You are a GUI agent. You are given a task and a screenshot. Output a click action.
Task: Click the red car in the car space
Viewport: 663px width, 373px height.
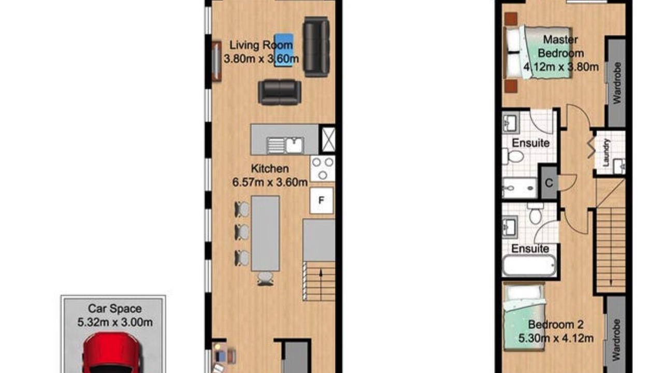111,353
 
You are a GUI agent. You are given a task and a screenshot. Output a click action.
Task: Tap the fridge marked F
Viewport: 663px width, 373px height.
322,200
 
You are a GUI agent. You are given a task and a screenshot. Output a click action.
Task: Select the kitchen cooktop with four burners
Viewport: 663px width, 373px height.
323,169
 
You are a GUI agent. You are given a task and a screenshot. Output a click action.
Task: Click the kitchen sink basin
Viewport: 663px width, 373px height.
294,146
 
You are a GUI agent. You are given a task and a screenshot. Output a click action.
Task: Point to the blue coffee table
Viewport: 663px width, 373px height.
283,50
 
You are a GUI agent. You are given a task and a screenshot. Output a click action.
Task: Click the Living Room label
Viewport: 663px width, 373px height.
261,45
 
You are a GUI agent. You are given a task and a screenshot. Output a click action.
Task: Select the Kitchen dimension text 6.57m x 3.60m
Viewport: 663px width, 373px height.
270,182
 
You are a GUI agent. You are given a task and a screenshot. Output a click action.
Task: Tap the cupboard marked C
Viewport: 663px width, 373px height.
549,183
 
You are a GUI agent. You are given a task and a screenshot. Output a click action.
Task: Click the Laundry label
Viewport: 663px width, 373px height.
607,152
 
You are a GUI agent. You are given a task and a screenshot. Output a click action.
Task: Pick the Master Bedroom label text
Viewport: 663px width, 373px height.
560,47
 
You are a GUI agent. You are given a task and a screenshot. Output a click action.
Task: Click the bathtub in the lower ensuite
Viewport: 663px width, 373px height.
529,265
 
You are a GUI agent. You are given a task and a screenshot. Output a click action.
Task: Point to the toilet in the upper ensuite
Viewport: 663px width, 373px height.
513,156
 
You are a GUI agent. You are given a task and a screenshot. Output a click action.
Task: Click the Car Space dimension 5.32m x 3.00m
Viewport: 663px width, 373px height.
115,322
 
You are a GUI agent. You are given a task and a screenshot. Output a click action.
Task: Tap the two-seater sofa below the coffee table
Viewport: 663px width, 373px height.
279,92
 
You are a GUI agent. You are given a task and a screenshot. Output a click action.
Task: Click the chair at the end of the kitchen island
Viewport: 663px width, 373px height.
265,279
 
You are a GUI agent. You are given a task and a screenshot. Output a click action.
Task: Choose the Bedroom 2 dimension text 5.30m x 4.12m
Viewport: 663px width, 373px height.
556,338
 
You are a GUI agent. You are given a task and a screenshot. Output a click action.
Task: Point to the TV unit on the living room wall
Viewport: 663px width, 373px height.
217,61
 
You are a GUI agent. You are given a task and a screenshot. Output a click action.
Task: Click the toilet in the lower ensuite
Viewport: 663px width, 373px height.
536,213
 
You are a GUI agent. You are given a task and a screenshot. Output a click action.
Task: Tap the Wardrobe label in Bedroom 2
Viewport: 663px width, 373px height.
616,340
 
